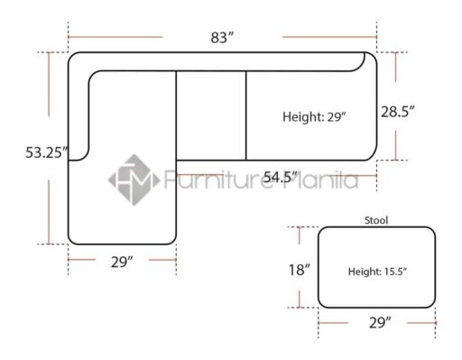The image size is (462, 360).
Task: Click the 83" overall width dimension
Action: [222, 38]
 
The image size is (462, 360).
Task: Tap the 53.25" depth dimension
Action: [47, 152]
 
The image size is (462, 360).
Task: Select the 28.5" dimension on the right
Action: [398, 112]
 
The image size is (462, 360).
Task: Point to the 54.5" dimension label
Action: [280, 177]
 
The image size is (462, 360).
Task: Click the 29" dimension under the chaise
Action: [122, 262]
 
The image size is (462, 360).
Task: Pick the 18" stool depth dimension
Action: [299, 270]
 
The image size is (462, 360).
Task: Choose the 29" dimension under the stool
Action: [380, 323]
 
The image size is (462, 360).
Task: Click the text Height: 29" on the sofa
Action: [314, 116]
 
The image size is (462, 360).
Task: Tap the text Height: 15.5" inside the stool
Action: [377, 272]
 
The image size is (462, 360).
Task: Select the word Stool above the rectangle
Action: [376, 220]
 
